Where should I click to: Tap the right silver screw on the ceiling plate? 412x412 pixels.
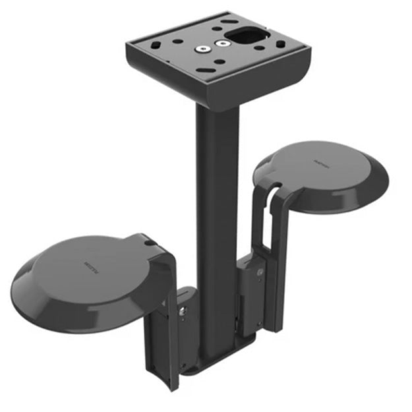coord(223,44)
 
